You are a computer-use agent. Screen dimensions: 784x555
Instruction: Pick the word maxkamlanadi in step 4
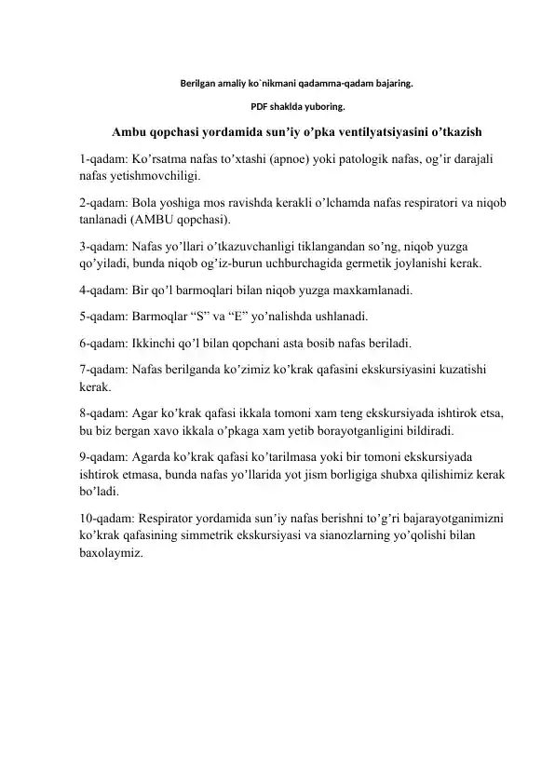pyautogui.click(x=371, y=291)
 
